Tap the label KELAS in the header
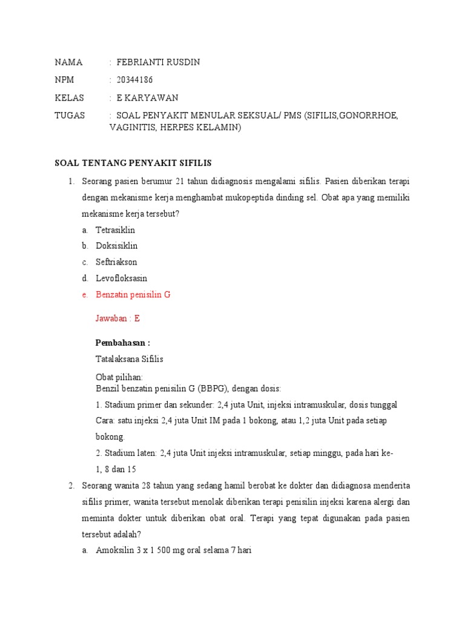tap(69, 98)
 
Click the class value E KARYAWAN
tap(147, 98)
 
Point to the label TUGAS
tap(70, 116)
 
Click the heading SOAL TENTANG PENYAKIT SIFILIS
tap(133, 163)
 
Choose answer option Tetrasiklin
tap(115, 230)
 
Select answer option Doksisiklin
tap(116, 246)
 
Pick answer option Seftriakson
tap(116, 262)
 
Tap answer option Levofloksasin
tap(121, 279)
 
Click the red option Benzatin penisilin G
tap(133, 295)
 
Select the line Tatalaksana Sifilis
tap(130, 359)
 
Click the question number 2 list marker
tap(70, 486)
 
